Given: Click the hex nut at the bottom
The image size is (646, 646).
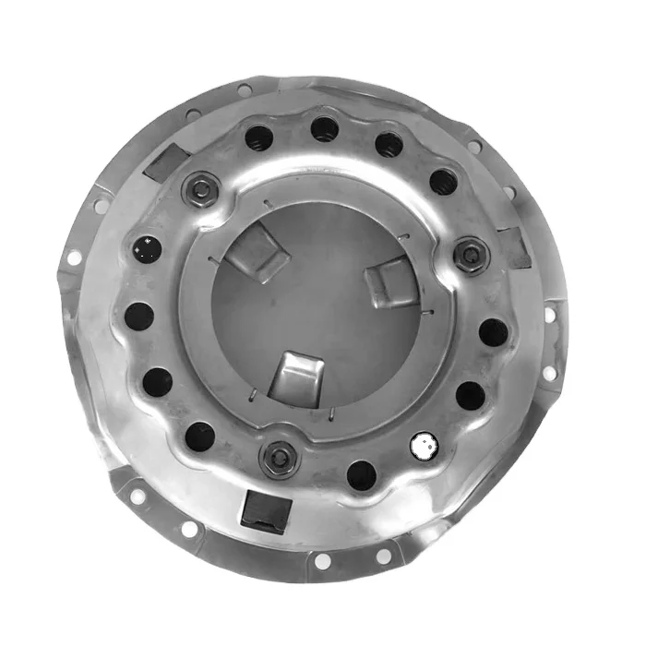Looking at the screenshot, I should point(277,457).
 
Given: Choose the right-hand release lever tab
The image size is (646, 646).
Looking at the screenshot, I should point(388,281).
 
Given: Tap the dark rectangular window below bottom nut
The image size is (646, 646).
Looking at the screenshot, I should point(261,509).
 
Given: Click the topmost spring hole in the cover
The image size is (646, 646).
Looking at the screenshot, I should point(324,128).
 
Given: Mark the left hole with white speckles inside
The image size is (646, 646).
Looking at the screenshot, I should point(147,247).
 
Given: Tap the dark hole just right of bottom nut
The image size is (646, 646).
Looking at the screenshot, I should point(361,474).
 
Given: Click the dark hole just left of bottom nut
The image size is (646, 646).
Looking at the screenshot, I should point(199,435).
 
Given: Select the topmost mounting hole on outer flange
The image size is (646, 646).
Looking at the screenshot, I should point(244,90).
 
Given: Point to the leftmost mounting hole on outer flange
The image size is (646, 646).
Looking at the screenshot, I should point(73,259).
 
